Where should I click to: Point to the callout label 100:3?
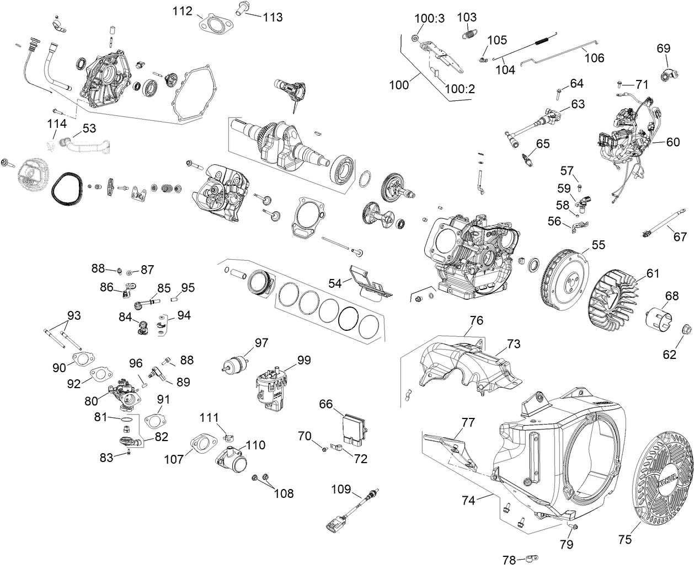coord(430,18)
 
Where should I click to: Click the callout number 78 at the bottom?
coord(509,560)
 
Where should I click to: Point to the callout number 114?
coord(57,123)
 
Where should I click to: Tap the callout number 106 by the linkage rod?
coord(594,58)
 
